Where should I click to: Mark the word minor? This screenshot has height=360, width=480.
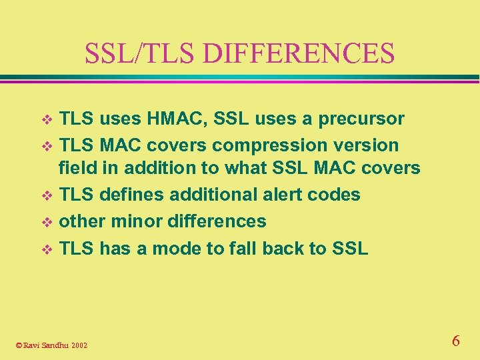(133, 221)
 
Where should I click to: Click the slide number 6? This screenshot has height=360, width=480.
(455, 341)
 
